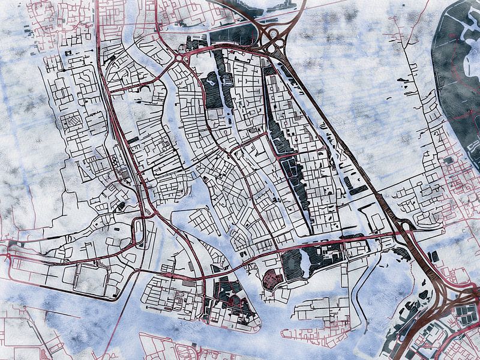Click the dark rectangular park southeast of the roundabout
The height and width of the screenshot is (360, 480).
coord(212,90)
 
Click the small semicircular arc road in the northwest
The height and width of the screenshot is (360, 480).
coord(144,90)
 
